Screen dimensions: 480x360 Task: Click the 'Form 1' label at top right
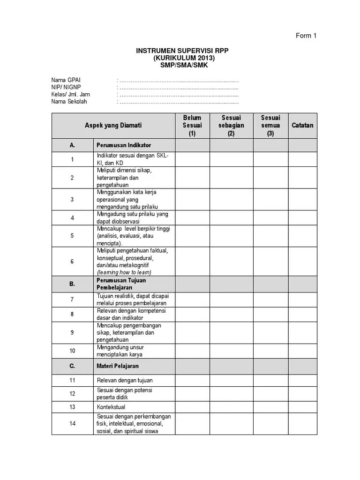tap(306, 36)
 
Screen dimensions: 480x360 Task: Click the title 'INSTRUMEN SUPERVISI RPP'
tap(182, 51)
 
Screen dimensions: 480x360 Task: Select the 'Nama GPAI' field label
tap(66, 81)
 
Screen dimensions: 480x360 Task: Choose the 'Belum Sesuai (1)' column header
tap(192, 125)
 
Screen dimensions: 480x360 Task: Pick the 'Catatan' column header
tap(302, 125)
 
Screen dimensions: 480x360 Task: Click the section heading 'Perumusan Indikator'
tap(124, 145)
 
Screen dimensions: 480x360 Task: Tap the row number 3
tap(72, 199)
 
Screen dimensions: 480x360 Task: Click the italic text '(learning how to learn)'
tap(124, 272)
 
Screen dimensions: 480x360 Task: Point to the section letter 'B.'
tap(72, 284)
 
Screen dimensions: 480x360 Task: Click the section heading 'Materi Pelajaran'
tap(118, 366)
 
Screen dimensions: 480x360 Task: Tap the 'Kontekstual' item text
tap(111, 407)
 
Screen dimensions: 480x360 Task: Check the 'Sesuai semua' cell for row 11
tap(270, 380)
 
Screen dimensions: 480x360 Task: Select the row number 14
tap(72, 424)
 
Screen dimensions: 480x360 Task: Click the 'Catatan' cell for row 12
tap(302, 394)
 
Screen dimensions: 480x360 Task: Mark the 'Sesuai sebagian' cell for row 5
tap(231, 236)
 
